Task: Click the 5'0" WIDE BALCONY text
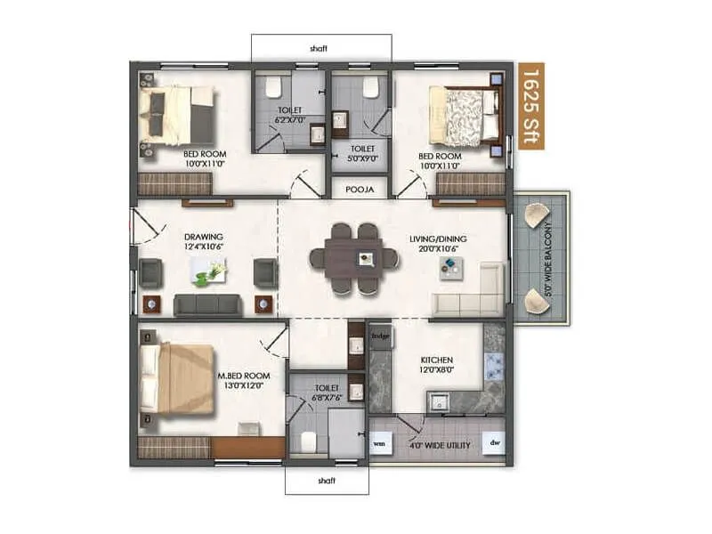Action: tap(549, 258)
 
